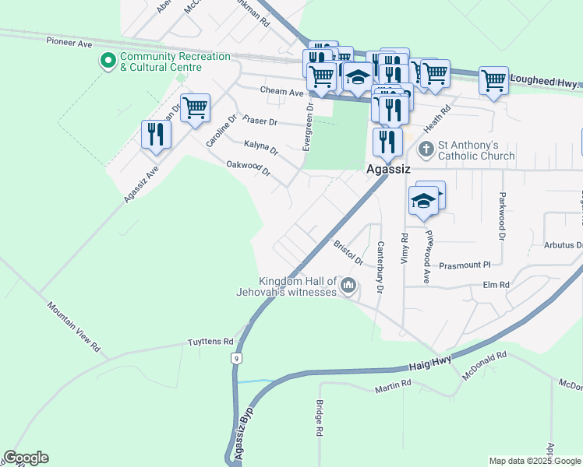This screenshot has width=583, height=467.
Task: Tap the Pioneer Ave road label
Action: tap(69, 44)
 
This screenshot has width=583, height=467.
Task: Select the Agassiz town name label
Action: tap(388, 169)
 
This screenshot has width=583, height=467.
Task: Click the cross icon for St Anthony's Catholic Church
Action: tap(426, 149)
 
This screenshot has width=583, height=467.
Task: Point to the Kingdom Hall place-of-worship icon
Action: tap(348, 286)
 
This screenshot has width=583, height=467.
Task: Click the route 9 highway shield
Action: tap(235, 358)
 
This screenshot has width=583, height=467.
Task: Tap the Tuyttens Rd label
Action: tap(210, 342)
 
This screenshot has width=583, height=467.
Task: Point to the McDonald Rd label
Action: tap(484, 365)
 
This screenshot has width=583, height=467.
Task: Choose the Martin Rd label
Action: tap(392, 385)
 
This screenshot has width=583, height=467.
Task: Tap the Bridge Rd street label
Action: tap(320, 418)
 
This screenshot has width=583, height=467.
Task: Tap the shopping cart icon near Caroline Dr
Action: tap(195, 107)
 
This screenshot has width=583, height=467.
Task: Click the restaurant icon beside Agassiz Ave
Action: tap(156, 134)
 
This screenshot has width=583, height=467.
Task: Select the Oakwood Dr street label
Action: tap(248, 167)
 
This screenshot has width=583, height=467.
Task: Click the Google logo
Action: tap(26, 458)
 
